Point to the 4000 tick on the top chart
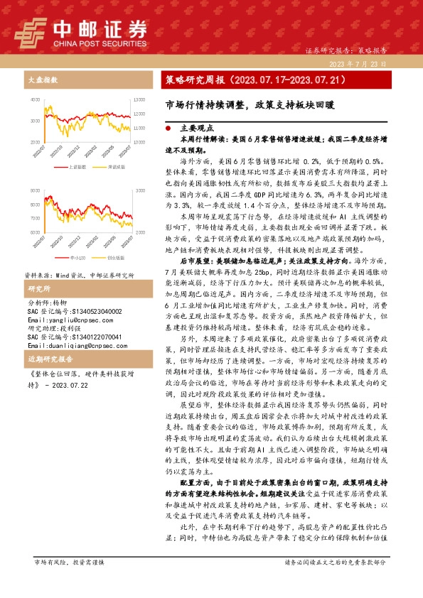(x=36, y=100)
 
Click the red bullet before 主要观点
(x=168, y=129)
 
